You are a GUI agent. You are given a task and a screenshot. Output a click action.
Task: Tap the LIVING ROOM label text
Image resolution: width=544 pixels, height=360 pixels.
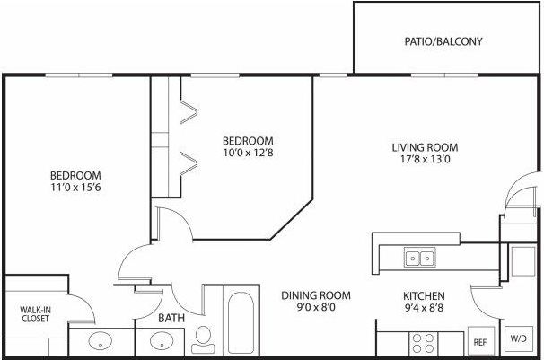pyautogui.click(x=425, y=147)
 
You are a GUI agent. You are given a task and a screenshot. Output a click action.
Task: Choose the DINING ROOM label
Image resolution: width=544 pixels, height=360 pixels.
pyautogui.click(x=315, y=295)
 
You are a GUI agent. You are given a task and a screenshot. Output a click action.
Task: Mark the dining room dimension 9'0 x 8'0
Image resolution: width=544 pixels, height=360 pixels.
pyautogui.click(x=315, y=310)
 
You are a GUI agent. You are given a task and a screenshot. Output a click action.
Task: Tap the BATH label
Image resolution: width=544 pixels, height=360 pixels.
pyautogui.click(x=172, y=318)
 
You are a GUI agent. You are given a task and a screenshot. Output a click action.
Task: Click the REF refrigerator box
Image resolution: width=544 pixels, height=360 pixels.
pyautogui.click(x=479, y=342)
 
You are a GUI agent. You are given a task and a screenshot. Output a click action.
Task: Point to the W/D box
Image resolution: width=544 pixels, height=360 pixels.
pyautogui.click(x=519, y=339)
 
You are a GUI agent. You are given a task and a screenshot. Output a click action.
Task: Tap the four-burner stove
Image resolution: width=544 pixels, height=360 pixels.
pyautogui.click(x=422, y=342)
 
